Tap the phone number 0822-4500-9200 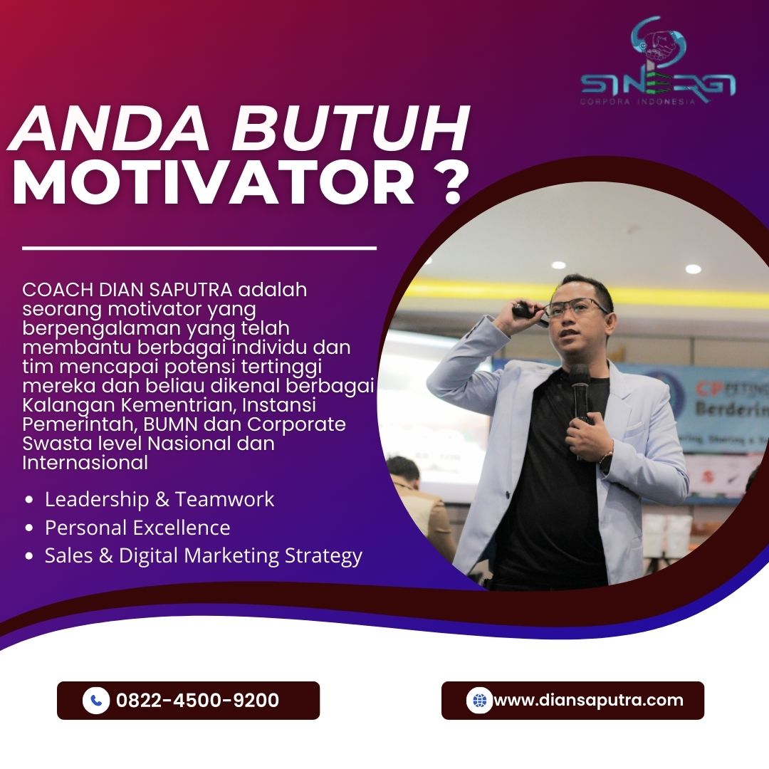[x=198, y=700]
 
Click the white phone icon [x=96, y=701]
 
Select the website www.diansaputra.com [x=589, y=700]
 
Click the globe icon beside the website [x=479, y=701]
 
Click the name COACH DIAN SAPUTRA [x=127, y=290]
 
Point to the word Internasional [x=85, y=463]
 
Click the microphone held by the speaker [x=580, y=392]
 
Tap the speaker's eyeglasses [x=576, y=308]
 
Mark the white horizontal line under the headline [x=199, y=249]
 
